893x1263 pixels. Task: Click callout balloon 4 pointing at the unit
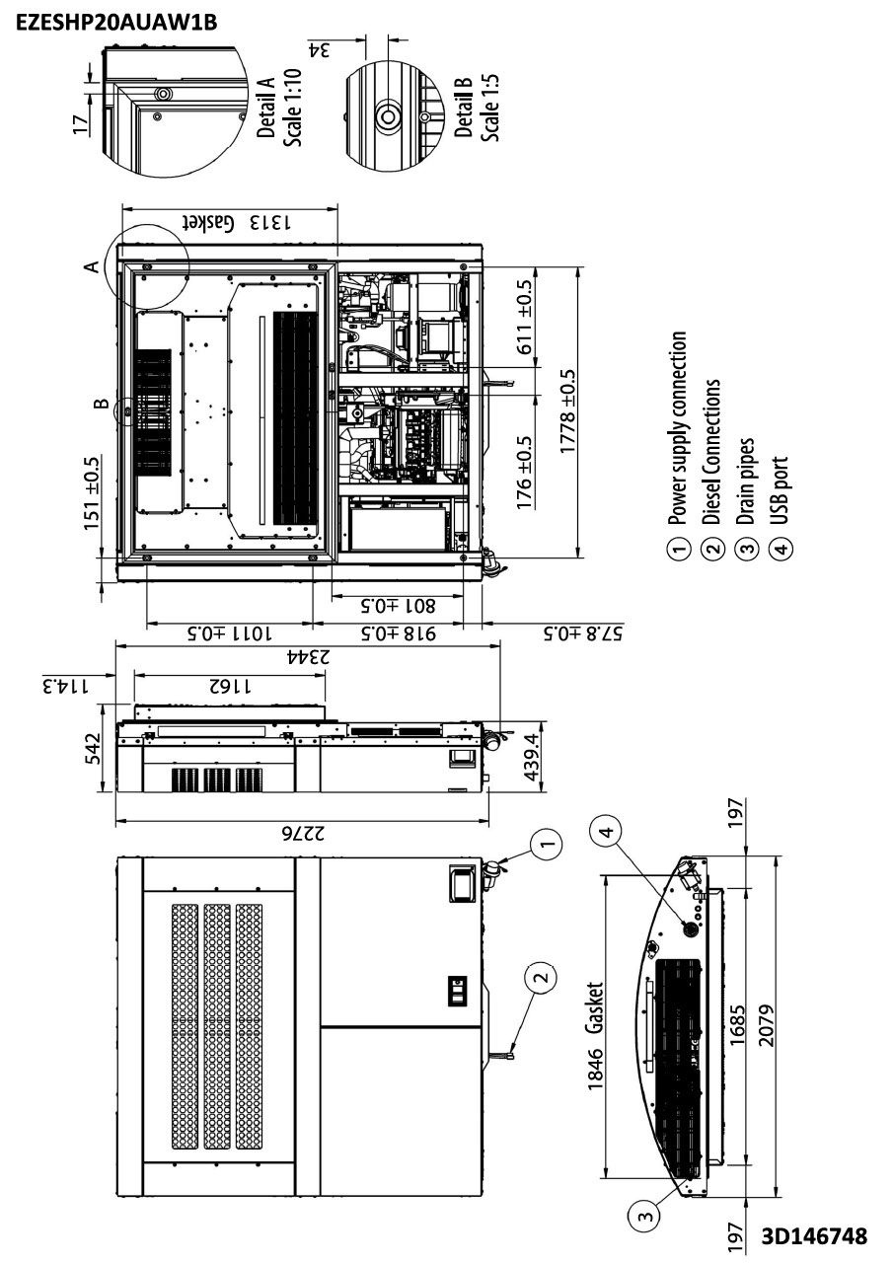coord(607,831)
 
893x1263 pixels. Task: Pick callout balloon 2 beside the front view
coord(539,979)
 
